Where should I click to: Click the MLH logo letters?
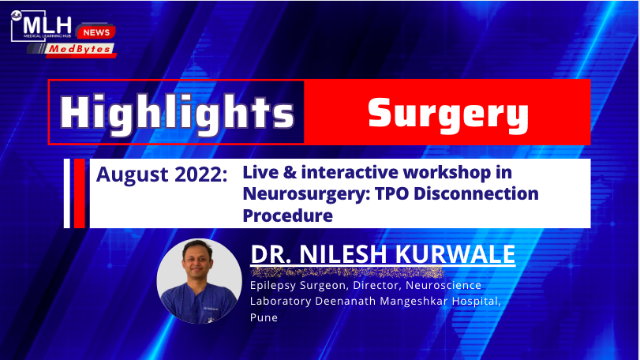pos(47,25)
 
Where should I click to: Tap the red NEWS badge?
pos(96,32)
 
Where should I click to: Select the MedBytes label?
pos(80,49)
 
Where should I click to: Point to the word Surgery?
pos(448,114)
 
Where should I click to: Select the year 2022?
pos(200,174)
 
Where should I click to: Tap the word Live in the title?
pos(260,172)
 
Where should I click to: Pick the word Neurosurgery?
pos(306,194)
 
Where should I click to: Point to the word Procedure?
pos(288,215)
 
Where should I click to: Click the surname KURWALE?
pos(455,254)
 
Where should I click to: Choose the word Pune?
pos(264,317)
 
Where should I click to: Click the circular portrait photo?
pos(199,281)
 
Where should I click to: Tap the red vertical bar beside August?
pos(80,193)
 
